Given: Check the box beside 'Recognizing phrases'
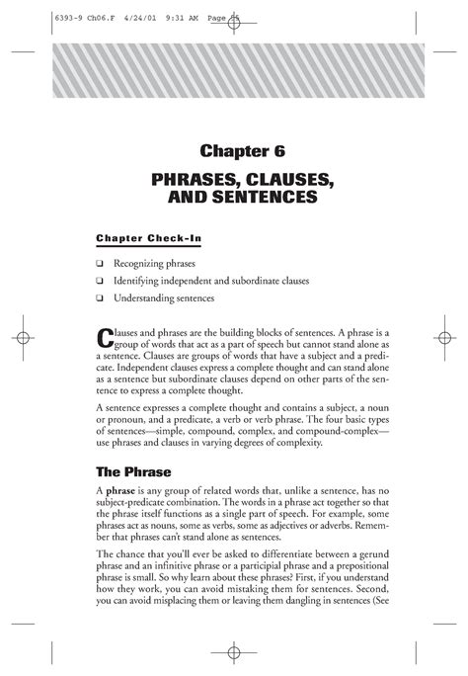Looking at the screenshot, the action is (x=101, y=265).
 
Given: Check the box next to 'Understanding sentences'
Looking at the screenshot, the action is (x=101, y=297).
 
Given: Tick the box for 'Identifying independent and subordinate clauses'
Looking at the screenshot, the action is (x=101, y=282).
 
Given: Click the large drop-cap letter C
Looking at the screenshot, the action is (x=106, y=337).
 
